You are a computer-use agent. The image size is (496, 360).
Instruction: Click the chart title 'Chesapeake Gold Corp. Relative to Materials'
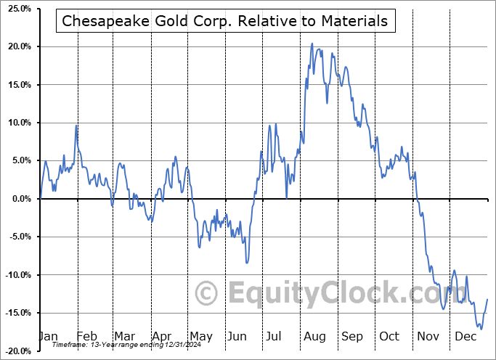pos(225,21)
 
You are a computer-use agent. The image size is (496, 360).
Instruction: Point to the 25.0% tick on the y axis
pos(17,9)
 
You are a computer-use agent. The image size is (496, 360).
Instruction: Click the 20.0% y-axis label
pos(17,46)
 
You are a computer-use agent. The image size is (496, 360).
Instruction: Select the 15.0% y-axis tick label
pos(17,85)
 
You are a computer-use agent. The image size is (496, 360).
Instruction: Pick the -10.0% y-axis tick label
pos(16,274)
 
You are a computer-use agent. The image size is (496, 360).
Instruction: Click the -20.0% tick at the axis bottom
pos(16,351)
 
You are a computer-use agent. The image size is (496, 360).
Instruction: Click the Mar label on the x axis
pos(123,337)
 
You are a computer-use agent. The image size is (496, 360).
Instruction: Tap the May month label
pos(200,337)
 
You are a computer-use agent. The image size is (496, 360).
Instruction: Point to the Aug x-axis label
pos(315,337)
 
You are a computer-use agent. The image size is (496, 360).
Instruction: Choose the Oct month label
pos(390,337)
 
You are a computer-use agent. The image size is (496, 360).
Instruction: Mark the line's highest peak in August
pos(312,44)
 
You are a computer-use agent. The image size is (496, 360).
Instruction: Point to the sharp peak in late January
pos(76,126)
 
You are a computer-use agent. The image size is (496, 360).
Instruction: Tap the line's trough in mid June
pos(247,263)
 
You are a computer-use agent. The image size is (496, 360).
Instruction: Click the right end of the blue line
pos(487,299)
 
